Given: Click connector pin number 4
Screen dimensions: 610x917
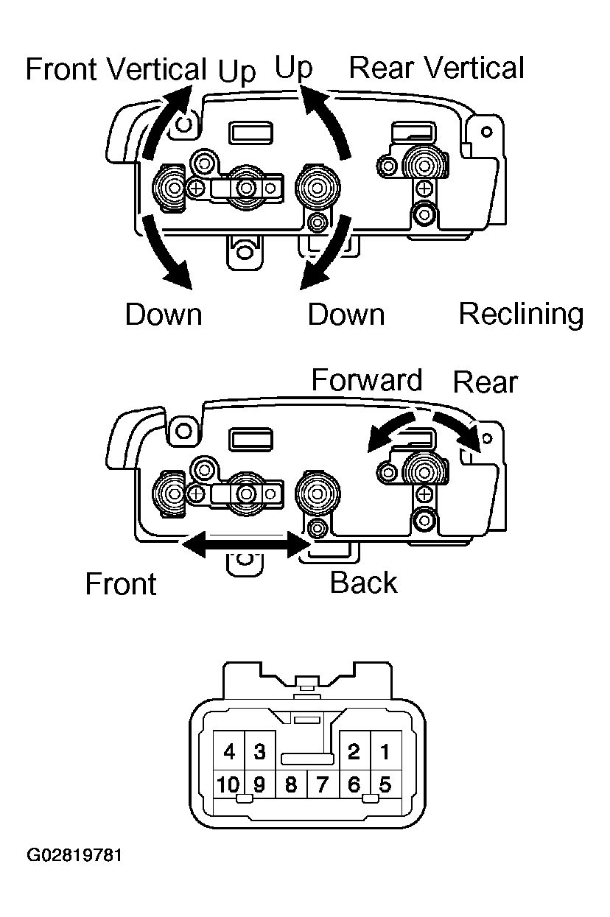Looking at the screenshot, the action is coord(229,751).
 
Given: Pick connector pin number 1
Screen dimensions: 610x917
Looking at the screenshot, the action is coord(385,751).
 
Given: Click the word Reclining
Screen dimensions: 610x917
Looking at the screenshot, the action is coord(521,315).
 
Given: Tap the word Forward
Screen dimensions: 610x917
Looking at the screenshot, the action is coord(367,380).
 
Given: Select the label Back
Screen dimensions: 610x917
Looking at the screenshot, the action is coord(363,582).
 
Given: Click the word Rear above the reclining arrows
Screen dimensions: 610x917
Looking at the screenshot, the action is coord(485,382).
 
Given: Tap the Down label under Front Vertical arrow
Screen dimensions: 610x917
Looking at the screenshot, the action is coord(164,315).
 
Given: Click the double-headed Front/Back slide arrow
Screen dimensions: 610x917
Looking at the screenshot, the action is coord(245,545).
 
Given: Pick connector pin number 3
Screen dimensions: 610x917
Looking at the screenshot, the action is coord(260,751).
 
